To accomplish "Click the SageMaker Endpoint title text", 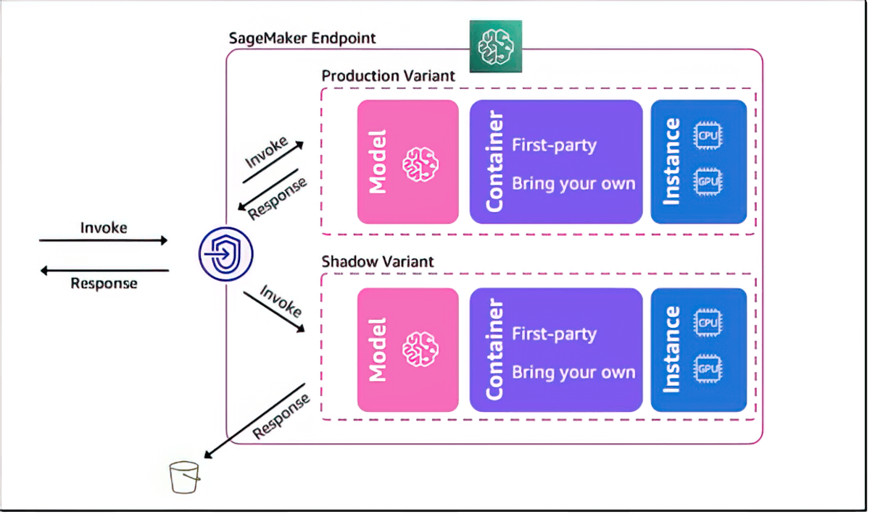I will pyautogui.click(x=302, y=38).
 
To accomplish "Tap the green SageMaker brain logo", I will pyautogui.click(x=495, y=46).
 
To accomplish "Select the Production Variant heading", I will pyautogui.click(x=389, y=76).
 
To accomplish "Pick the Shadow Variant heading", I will pyautogui.click(x=378, y=261).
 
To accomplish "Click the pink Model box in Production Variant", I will pyautogui.click(x=408, y=161).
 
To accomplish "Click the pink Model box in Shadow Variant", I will pyautogui.click(x=408, y=350).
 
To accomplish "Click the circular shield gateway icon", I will pyautogui.click(x=227, y=253).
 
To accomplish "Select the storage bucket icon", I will pyautogui.click(x=184, y=477).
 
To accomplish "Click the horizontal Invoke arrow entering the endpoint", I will pyautogui.click(x=103, y=240).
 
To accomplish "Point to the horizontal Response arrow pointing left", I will pyautogui.click(x=104, y=271).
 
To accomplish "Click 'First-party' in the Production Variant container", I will pyautogui.click(x=554, y=145).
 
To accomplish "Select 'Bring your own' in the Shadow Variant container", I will pyautogui.click(x=573, y=373).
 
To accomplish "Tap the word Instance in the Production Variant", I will pyautogui.click(x=672, y=161).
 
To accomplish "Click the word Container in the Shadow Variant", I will pyautogui.click(x=494, y=350).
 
